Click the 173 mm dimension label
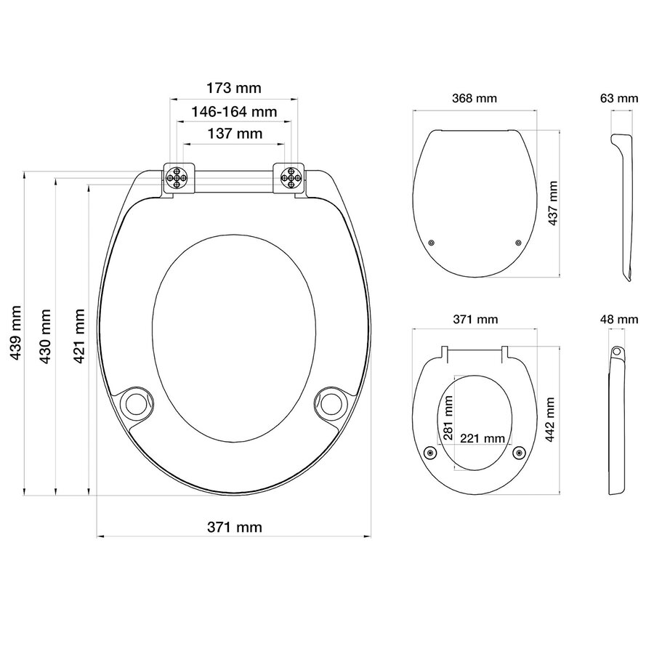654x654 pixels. (x=234, y=89)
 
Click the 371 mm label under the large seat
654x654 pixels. (x=234, y=527)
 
